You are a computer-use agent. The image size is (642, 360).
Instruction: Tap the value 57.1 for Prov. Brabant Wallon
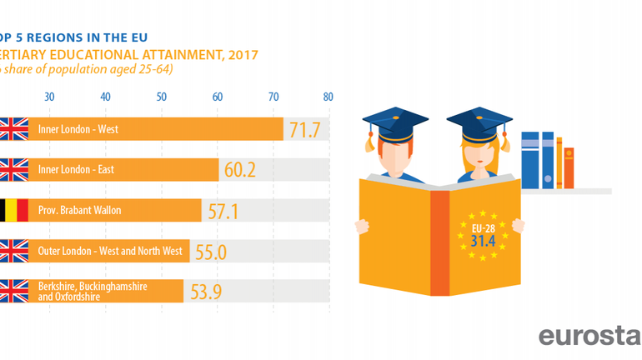(223, 211)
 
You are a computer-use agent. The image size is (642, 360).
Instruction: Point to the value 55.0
(211, 251)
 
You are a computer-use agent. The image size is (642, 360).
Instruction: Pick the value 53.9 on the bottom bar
(205, 291)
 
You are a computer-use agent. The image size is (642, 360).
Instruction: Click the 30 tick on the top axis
(49, 97)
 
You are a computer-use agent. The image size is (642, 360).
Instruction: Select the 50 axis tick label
(161, 97)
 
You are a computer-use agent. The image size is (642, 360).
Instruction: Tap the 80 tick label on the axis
(329, 97)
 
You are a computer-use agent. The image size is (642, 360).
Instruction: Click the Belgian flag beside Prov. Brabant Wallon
(13, 210)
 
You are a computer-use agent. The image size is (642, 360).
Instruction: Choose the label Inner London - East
(76, 170)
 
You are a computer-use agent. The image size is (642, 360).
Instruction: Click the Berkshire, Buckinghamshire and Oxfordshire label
(93, 291)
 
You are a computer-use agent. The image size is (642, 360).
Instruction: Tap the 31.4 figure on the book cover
(478, 241)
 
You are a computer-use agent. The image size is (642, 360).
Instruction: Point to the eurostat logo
(589, 337)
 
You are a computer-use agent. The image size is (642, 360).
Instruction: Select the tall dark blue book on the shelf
(530, 160)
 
